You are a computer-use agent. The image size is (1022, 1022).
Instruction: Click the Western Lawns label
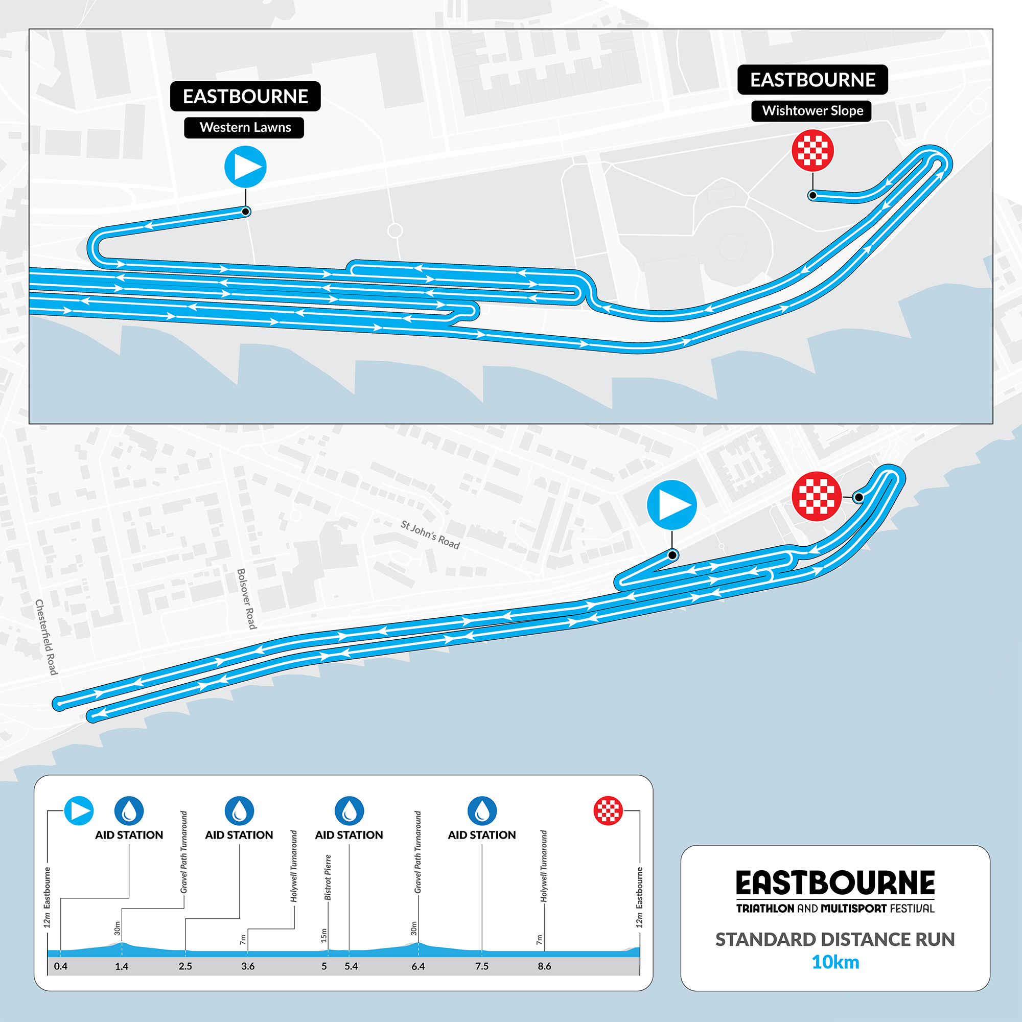pos(244,127)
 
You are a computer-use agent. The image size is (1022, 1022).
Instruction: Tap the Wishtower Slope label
pos(811,110)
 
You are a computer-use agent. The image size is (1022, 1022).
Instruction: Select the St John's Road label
pos(430,535)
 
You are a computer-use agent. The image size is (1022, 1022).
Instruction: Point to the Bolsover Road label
pos(246,599)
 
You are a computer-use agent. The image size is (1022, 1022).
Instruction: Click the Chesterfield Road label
pos(46,637)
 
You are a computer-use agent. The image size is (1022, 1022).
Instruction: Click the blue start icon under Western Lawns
pos(245,167)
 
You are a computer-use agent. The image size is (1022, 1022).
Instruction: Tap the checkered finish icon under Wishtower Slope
pos(812,151)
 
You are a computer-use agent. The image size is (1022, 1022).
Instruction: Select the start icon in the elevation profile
pos(79,811)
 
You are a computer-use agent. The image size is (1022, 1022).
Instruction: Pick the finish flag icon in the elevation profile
pos(608,810)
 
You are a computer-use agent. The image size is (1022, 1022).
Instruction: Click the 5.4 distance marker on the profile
pos(351,966)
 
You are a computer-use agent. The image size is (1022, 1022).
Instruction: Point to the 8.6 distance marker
pos(544,966)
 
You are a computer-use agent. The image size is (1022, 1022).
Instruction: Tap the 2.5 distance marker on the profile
pos(185,966)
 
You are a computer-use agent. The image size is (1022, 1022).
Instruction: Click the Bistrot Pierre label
pos(328,877)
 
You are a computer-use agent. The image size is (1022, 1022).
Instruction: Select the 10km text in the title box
pos(835,962)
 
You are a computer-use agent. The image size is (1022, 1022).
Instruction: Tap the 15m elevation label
pos(324,935)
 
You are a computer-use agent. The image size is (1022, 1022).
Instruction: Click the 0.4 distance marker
pos(61,966)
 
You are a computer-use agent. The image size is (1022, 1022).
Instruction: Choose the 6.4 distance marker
pos(418,966)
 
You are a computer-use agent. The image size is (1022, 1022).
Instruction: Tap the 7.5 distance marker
pos(482,966)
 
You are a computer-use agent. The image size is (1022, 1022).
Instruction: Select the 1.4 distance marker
pos(122,966)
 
